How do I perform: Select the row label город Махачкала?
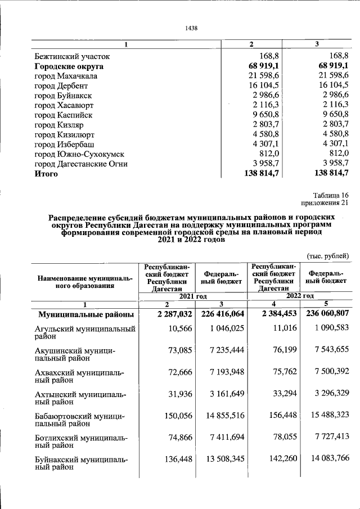click(x=66, y=76)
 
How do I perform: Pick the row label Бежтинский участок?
click(x=72, y=56)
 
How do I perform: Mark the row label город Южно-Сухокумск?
click(x=79, y=155)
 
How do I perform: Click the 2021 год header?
click(x=193, y=296)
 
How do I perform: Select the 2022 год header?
click(x=299, y=296)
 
